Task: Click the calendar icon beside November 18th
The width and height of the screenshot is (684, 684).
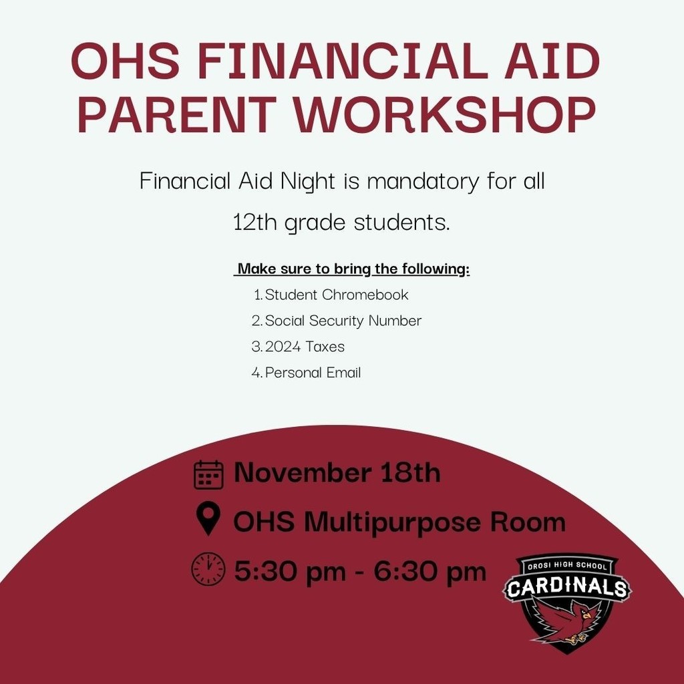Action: coord(208,474)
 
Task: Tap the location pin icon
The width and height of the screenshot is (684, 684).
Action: coord(209,520)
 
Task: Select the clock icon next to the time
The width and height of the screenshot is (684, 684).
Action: coord(208,570)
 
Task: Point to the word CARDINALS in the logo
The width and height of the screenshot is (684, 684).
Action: coord(567,588)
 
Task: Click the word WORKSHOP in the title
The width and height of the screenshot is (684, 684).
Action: coord(446,114)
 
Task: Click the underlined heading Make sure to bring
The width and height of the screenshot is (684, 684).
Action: coord(353,269)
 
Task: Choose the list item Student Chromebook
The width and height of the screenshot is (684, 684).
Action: coord(336,295)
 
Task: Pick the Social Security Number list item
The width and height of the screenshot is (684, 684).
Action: coord(343,321)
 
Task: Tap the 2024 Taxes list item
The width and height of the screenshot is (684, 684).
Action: coord(305,347)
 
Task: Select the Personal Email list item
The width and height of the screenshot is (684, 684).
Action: coord(313,373)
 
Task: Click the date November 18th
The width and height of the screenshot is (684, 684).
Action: coord(337,473)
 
